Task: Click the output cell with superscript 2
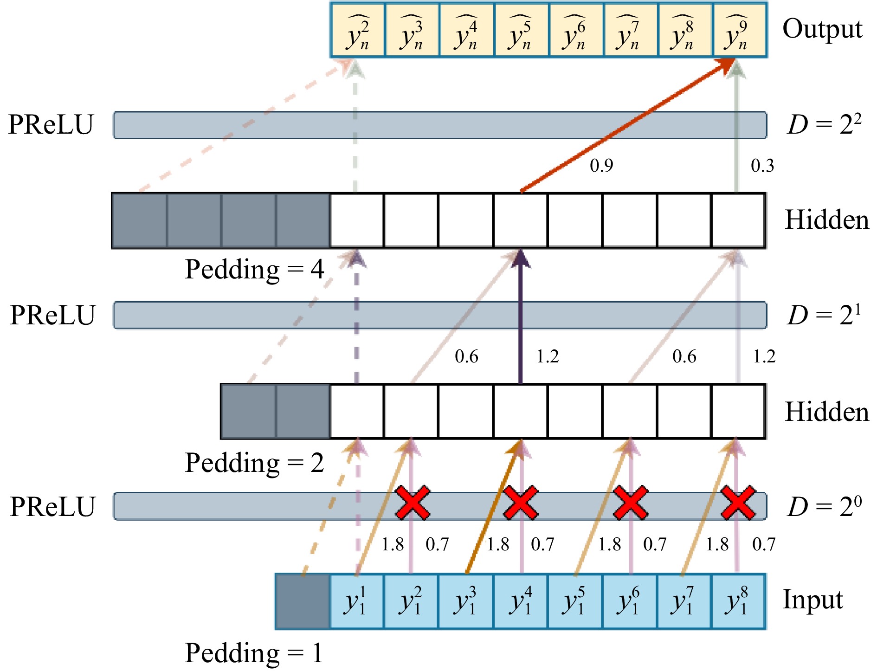(x=358, y=30)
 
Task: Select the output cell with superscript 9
(x=739, y=30)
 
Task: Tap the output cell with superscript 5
(x=521, y=30)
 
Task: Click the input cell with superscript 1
(x=356, y=601)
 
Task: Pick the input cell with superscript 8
(x=738, y=601)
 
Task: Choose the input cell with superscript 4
(x=520, y=601)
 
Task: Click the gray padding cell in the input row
(x=303, y=601)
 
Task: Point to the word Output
(x=822, y=29)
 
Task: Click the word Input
(x=813, y=600)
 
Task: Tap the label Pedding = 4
(x=254, y=269)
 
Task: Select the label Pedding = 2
(x=254, y=463)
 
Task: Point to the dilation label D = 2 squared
(x=824, y=124)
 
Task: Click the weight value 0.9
(x=601, y=166)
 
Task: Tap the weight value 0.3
(x=762, y=166)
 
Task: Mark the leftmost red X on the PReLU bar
(x=412, y=503)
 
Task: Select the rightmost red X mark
(x=738, y=503)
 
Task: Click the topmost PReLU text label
(x=51, y=124)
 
